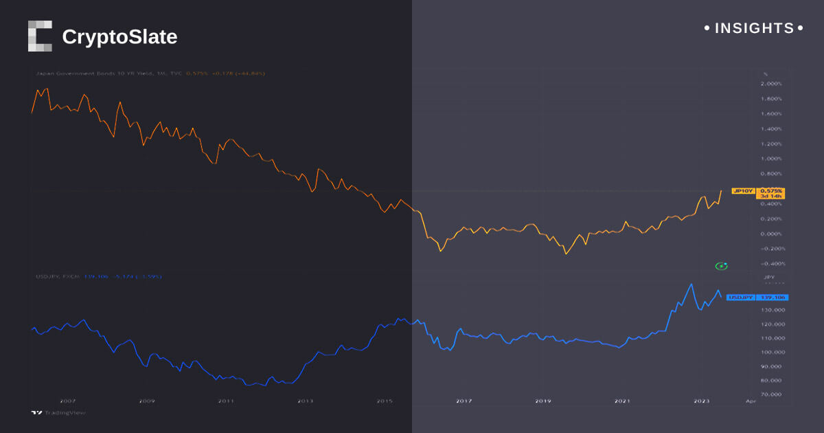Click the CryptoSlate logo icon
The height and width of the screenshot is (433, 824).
point(40,36)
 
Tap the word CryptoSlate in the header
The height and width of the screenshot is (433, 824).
point(119,36)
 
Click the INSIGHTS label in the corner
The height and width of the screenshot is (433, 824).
point(754,28)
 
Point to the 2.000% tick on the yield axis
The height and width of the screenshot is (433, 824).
point(772,84)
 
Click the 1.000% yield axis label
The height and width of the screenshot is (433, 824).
point(772,159)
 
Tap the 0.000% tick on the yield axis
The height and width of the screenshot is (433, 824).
point(772,234)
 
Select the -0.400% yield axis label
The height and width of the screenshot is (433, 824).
point(770,264)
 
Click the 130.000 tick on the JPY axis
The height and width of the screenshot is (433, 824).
point(772,310)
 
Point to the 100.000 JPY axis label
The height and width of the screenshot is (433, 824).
point(772,353)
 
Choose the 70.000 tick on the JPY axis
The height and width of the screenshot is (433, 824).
point(773,395)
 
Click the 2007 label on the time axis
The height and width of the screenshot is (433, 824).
point(67,401)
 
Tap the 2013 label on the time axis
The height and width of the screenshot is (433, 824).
point(305,401)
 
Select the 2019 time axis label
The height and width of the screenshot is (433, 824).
point(542,401)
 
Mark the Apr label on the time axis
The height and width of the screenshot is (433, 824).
point(751,401)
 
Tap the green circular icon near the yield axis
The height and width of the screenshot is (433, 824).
point(721,266)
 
